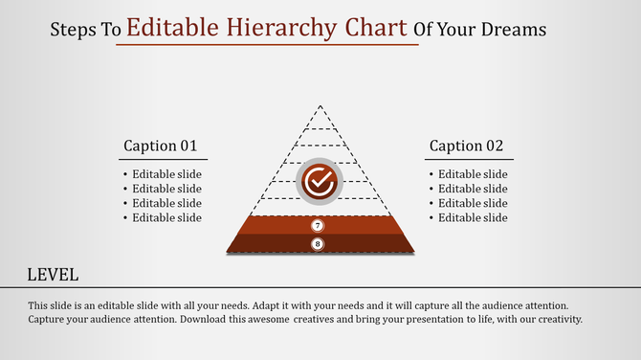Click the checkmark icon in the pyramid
pos(319,180)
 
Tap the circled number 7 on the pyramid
pos(319,226)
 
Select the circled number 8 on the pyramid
pos(319,244)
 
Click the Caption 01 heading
pos(160,146)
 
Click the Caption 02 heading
pos(466,146)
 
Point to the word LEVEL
pos(52,275)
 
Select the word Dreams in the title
pos(516,30)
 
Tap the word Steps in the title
pos(73,30)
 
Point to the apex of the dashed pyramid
pos(320,106)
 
